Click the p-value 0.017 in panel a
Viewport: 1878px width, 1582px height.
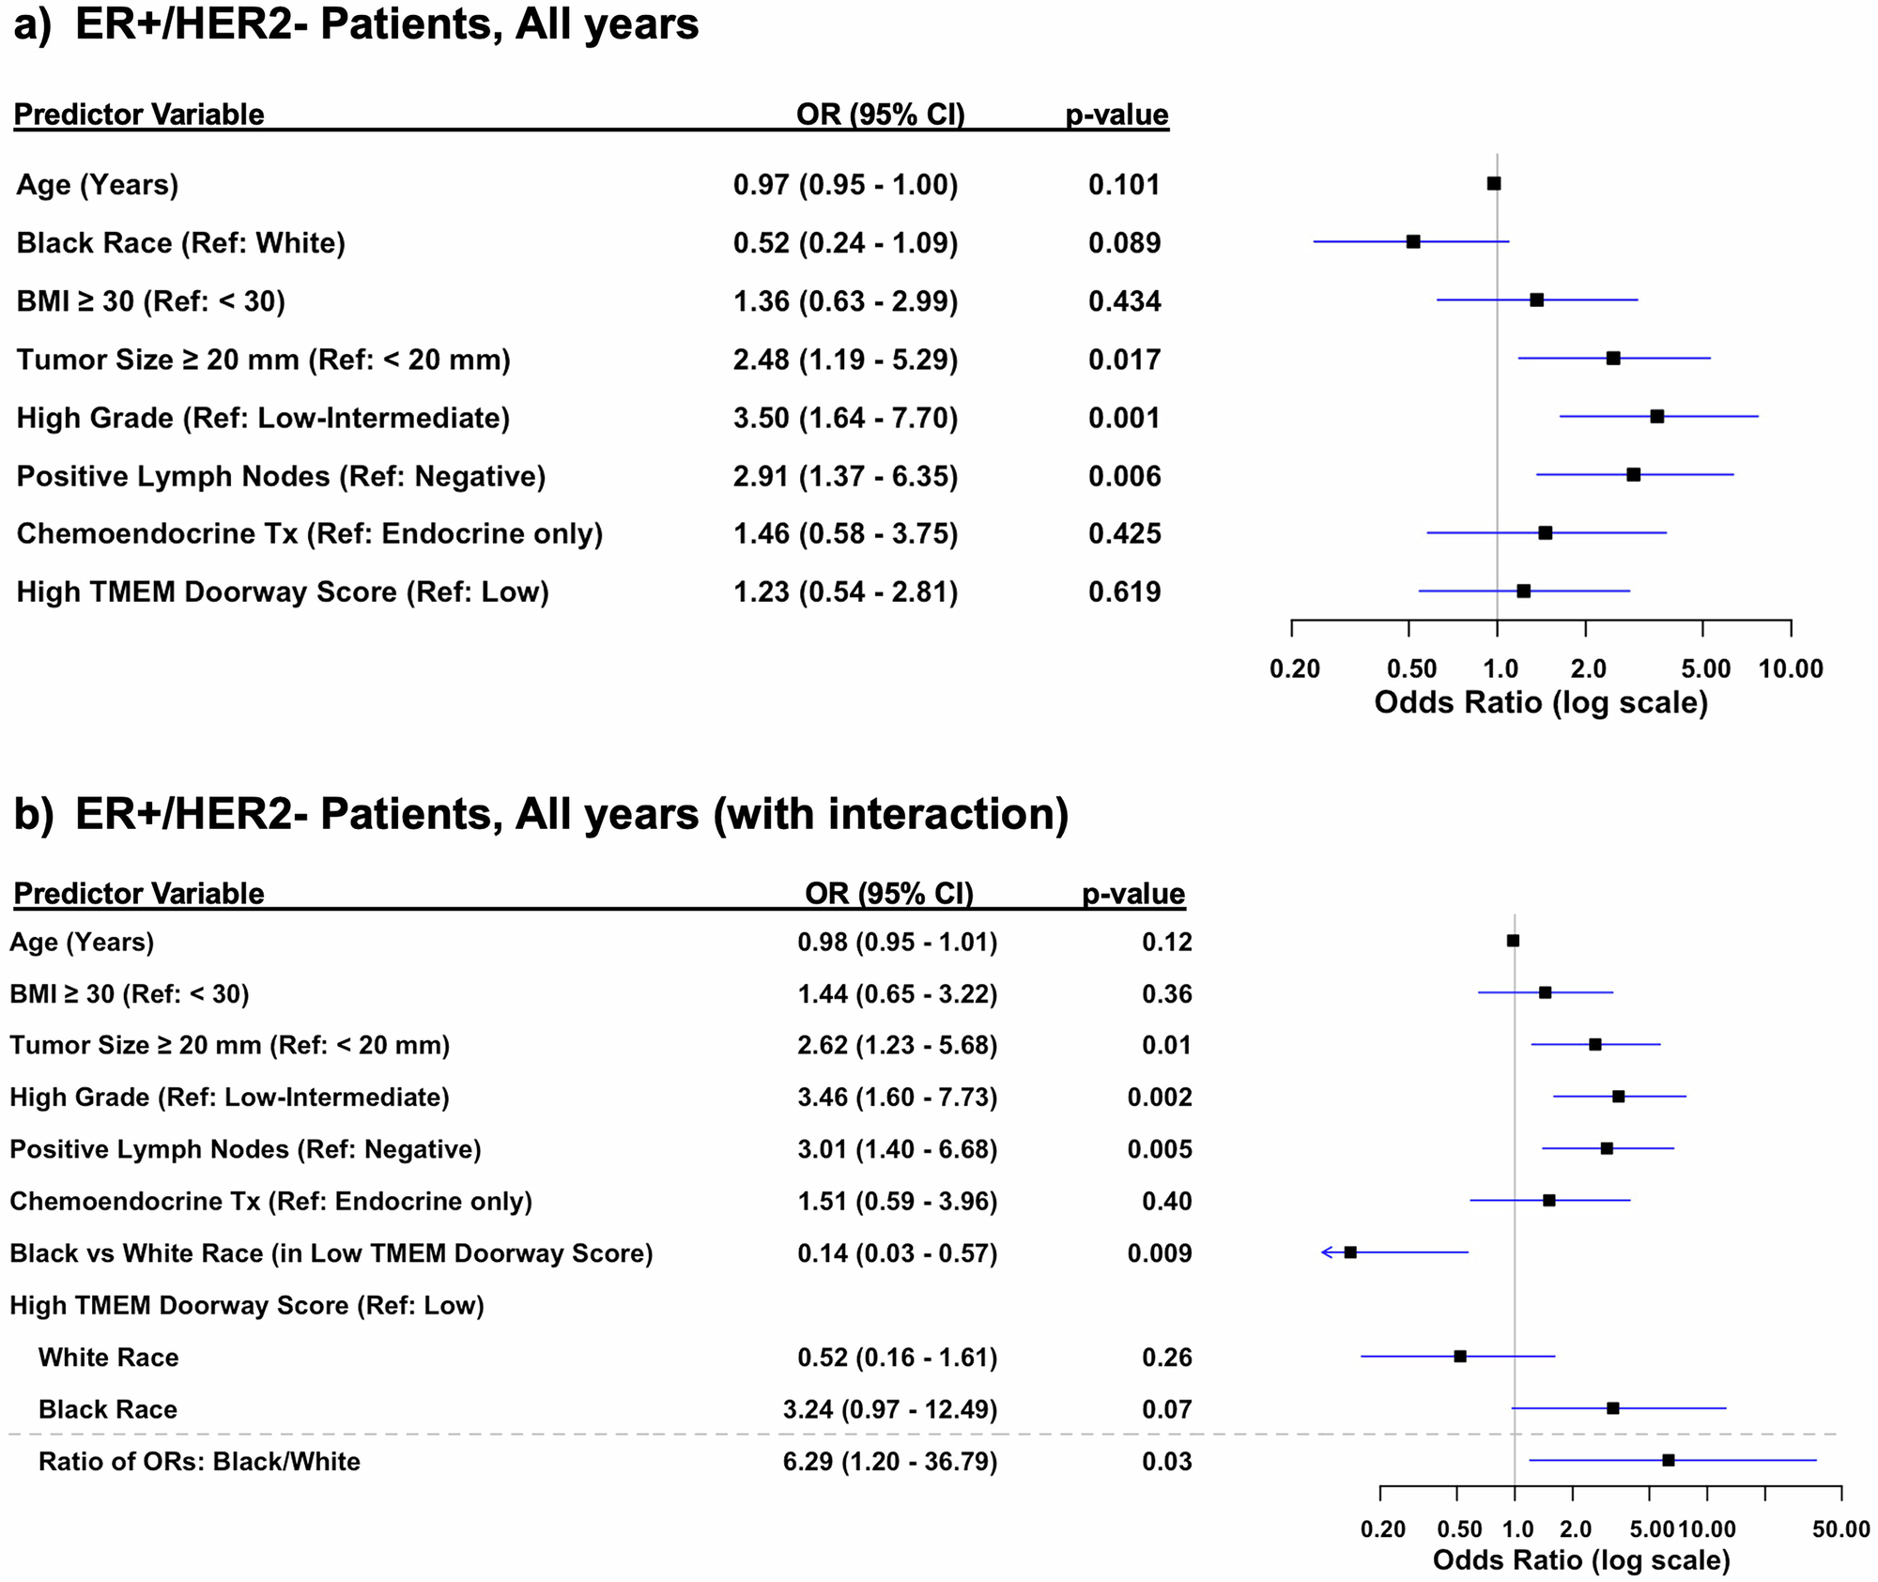pos(1124,360)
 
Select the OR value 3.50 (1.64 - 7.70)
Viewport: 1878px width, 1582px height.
pos(845,418)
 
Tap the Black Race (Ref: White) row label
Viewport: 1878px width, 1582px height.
pos(181,243)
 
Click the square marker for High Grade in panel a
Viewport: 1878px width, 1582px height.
pos(1657,416)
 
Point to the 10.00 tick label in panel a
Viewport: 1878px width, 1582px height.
pos(1791,669)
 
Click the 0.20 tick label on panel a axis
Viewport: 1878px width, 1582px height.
pos(1294,669)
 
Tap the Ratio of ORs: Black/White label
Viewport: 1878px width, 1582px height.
pos(199,1462)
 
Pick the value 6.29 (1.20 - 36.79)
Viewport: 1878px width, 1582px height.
pos(890,1462)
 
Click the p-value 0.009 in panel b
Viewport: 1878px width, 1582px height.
pos(1160,1253)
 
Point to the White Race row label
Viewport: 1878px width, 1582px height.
pos(108,1358)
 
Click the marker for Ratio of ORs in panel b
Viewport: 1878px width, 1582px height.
pos(1669,1460)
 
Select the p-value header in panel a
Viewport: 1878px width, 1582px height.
pos(1116,115)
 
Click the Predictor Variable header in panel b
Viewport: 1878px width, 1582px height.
pos(139,893)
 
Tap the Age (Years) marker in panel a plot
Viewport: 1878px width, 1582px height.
pos(1494,183)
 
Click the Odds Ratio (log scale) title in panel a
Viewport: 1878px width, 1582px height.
pos(1541,702)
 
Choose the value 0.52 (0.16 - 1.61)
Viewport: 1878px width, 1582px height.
pos(897,1358)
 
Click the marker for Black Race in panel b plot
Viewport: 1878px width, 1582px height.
pos(1613,1408)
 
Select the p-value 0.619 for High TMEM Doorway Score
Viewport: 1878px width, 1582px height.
pos(1124,592)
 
